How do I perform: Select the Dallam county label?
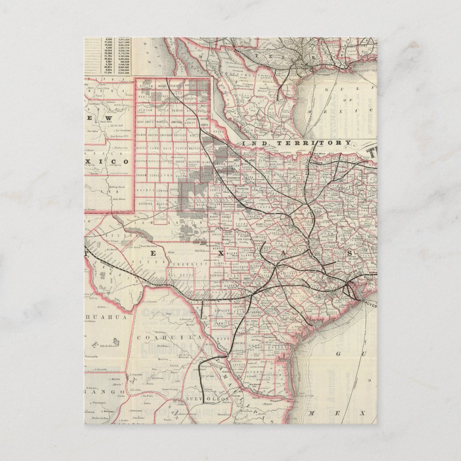(144, 86)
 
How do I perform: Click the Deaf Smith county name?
(145, 122)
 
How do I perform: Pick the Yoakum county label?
(143, 175)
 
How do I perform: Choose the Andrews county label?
(146, 204)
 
